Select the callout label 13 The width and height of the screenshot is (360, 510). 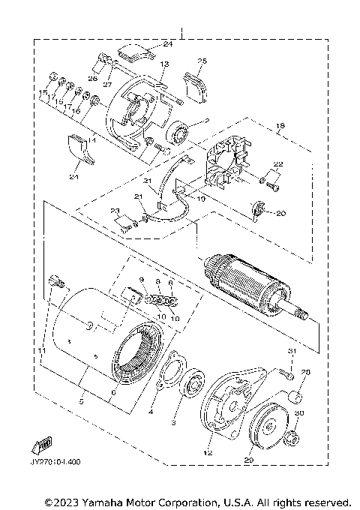tap(164, 64)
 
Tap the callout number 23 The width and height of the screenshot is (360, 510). tap(115, 211)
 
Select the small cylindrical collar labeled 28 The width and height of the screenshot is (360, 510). tap(296, 395)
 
